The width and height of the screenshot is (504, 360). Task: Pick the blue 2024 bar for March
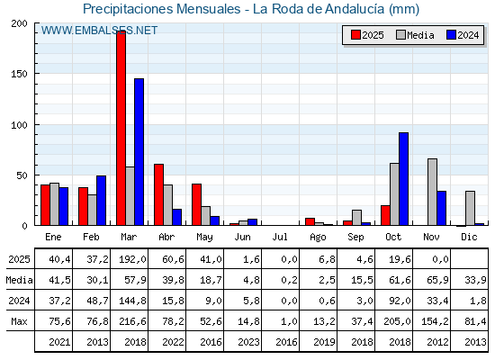(139, 151)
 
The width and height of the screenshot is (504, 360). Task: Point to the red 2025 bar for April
(158, 194)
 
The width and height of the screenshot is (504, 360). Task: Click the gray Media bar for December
(470, 208)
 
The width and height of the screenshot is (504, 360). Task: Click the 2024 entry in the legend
(461, 35)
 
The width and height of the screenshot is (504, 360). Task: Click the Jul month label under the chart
(280, 235)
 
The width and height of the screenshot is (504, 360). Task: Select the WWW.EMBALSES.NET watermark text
(100, 31)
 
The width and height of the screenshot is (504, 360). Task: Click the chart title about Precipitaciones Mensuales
(251, 10)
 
